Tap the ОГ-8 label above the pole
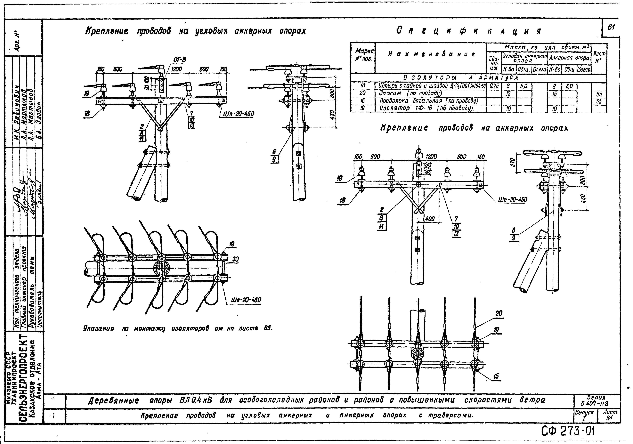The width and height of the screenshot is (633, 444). pyautogui.click(x=180, y=60)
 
